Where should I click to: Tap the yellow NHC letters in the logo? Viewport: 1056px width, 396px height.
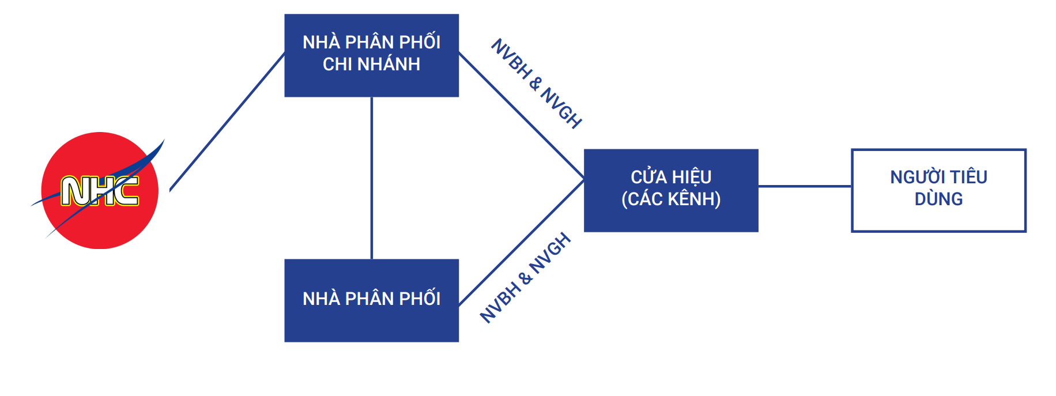point(100,191)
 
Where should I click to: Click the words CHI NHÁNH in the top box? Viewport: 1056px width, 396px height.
point(371,64)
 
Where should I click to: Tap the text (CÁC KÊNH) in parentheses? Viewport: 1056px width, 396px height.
point(671,199)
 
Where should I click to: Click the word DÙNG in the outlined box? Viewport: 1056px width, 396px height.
point(938,199)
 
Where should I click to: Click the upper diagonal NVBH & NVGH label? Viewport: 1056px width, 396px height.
point(537,84)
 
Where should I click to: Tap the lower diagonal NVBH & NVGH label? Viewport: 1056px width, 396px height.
point(525,278)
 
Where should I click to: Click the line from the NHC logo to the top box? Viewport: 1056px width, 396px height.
point(228,121)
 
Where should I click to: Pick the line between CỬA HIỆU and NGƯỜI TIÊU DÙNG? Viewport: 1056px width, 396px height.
point(805,186)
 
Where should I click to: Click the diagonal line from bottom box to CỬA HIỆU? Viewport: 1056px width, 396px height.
point(522,242)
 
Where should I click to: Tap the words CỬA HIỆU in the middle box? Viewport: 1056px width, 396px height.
point(671,177)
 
